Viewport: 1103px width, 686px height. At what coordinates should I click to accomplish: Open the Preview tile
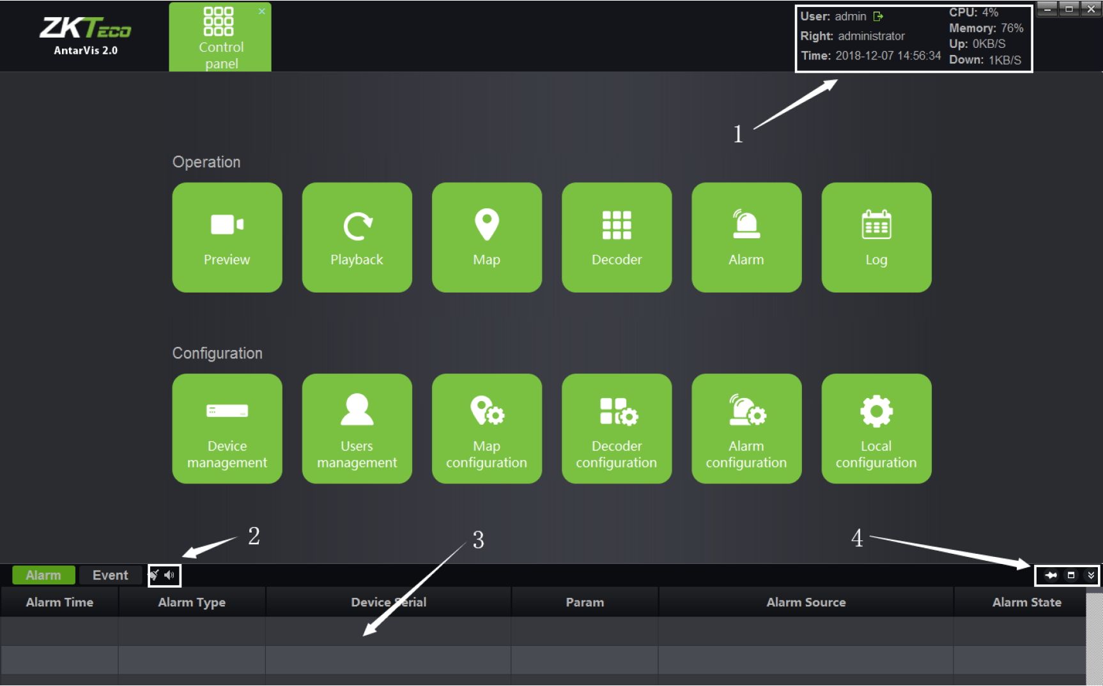pos(227,238)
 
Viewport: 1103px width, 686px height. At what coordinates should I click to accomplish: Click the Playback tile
pos(357,238)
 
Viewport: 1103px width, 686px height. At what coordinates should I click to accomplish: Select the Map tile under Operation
pos(487,238)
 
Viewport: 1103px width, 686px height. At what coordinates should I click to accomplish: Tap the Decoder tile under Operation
pos(617,238)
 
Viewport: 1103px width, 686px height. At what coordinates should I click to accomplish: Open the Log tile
pos(876,238)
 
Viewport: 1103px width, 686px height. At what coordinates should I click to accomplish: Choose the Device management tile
pos(227,429)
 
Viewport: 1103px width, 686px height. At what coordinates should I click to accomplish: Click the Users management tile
pos(357,429)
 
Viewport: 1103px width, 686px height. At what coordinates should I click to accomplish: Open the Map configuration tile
pos(487,429)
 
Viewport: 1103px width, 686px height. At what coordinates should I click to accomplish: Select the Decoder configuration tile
pos(617,429)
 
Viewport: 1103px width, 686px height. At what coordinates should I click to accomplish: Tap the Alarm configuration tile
pos(746,429)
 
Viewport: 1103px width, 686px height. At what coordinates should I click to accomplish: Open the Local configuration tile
pos(876,429)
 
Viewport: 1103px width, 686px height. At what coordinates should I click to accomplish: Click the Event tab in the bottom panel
pos(110,575)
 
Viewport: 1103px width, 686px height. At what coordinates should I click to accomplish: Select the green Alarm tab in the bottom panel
pos(43,575)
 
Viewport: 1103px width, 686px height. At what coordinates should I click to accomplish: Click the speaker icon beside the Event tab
pos(169,575)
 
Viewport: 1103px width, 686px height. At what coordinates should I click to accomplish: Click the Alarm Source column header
pos(806,602)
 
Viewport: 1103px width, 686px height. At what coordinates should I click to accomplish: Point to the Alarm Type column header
pos(192,602)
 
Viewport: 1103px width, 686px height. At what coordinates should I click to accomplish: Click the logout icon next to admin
pos(878,17)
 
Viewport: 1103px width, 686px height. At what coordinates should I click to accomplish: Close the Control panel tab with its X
pos(262,11)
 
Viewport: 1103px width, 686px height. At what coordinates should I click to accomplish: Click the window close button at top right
pos(1091,9)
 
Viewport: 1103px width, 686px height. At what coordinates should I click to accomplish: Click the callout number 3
pos(478,540)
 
